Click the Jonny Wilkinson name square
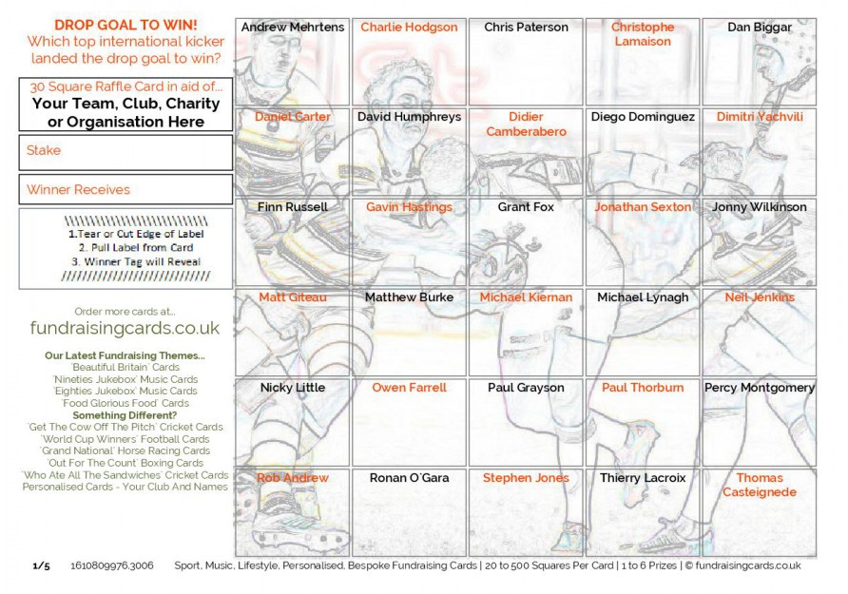tap(759, 207)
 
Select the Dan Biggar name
tap(759, 28)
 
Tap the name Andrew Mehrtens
tap(293, 28)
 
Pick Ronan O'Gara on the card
tap(409, 478)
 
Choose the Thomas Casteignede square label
tap(759, 485)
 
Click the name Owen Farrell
tap(409, 388)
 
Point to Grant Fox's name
tap(526, 207)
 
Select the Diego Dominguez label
tap(643, 117)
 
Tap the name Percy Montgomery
tap(759, 388)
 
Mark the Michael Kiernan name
tap(526, 297)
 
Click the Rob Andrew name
tap(293, 478)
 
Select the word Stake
tap(44, 150)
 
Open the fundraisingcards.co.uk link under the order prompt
tap(125, 328)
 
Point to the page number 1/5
tap(41, 565)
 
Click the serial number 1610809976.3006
tap(112, 565)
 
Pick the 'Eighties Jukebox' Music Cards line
tap(125, 391)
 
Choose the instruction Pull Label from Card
tap(125, 247)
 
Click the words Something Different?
tap(125, 415)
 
